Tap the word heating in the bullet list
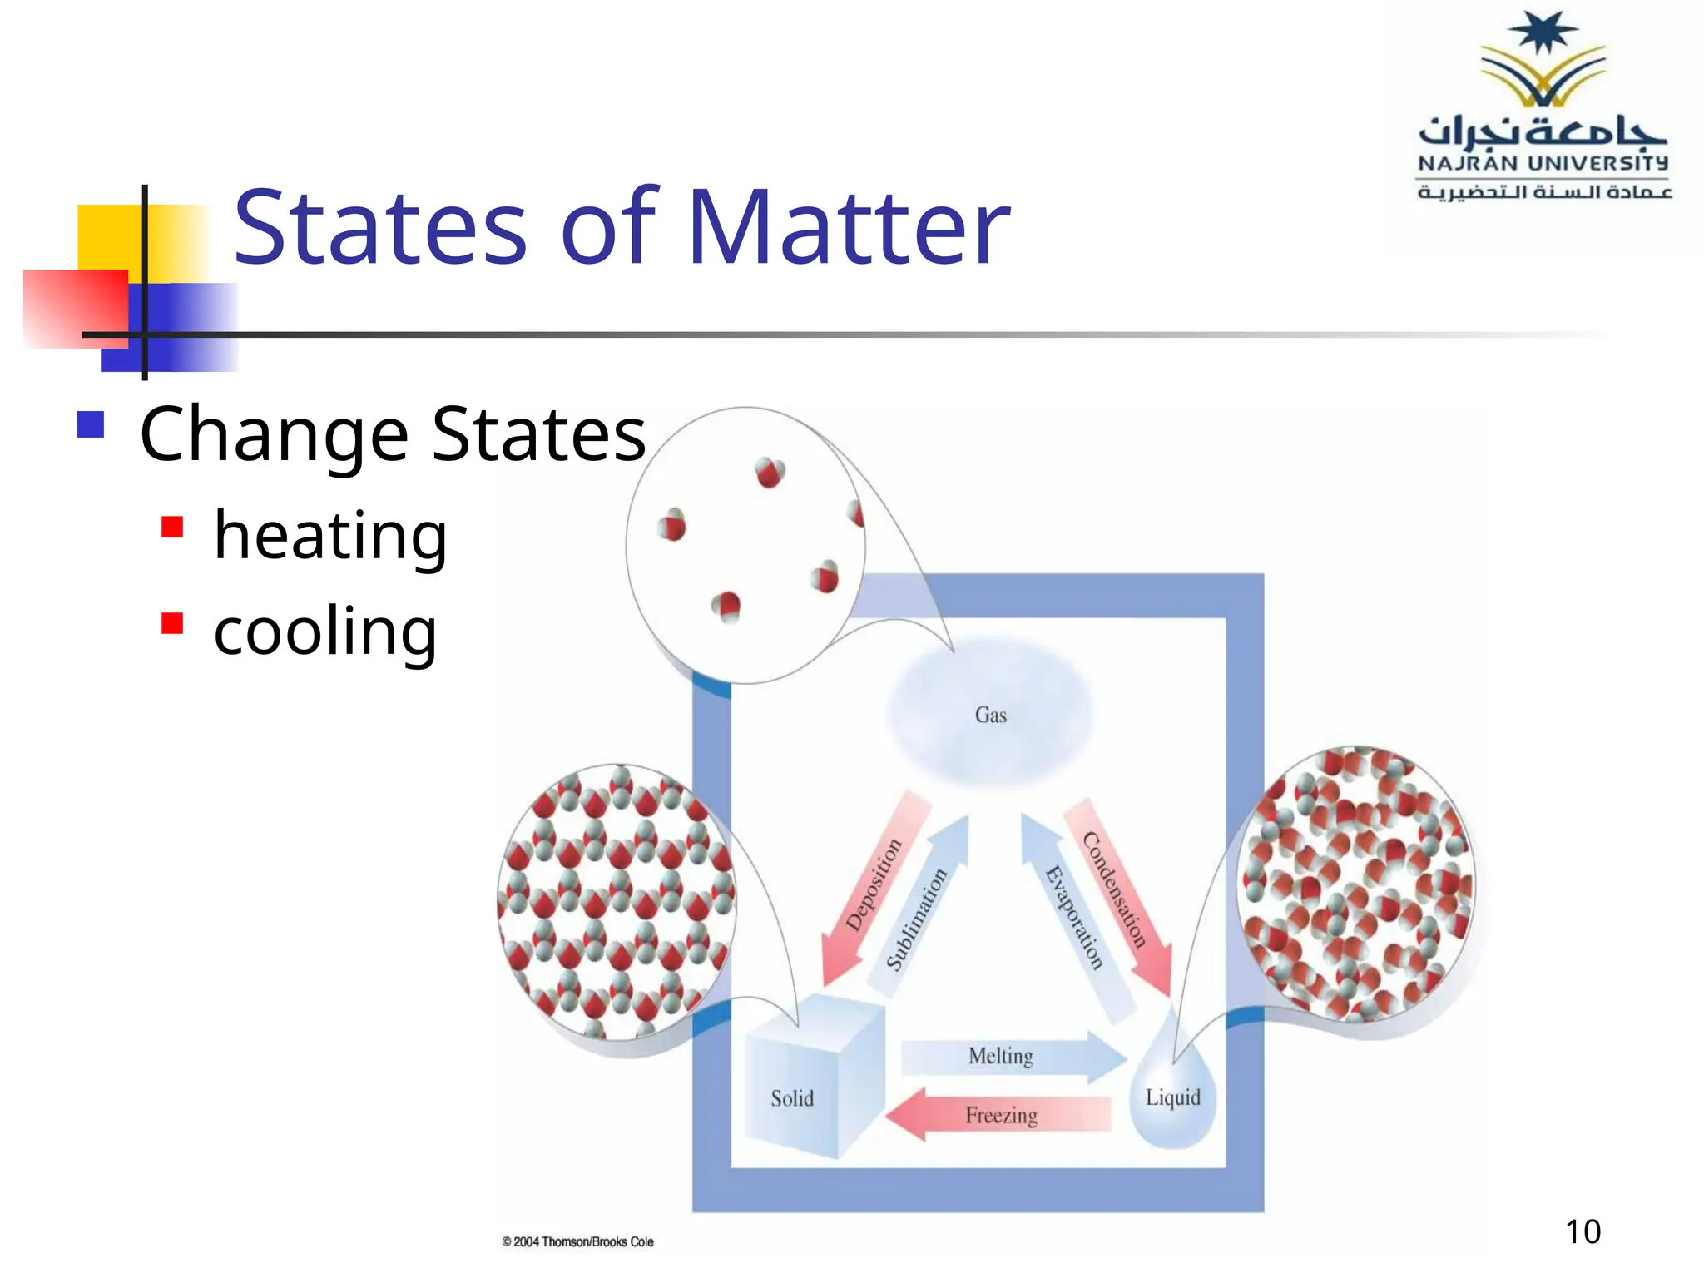click(x=330, y=536)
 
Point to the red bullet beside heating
click(x=172, y=528)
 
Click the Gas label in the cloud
click(x=990, y=715)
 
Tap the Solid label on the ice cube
click(x=791, y=1098)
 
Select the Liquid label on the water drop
click(x=1172, y=1097)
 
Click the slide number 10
click(x=1583, y=1231)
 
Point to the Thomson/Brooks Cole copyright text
click(x=577, y=1241)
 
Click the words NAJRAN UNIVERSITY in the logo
click(x=1543, y=163)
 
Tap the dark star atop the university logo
click(x=1543, y=32)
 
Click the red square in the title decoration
click(x=75, y=308)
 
